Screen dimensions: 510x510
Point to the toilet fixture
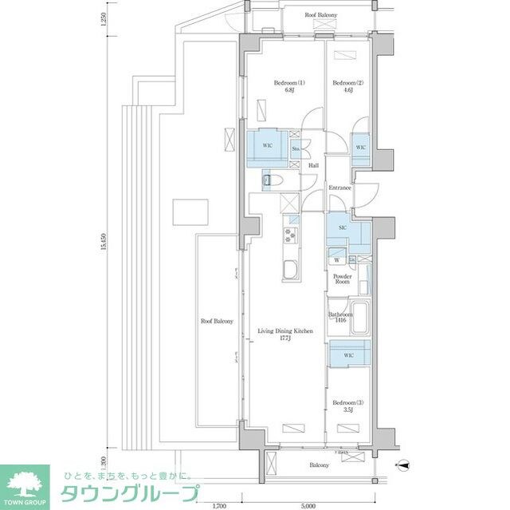click(269, 182)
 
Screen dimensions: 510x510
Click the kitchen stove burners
click(288, 235)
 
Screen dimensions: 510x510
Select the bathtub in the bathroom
click(359, 318)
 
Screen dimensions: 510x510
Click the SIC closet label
click(343, 229)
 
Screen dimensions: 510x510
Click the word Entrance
click(340, 188)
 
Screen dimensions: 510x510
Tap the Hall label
click(313, 165)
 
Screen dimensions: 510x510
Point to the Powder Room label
click(342, 279)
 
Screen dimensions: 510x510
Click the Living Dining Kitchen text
click(284, 334)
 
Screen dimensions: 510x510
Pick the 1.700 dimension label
click(220, 504)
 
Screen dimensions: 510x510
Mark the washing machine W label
click(336, 260)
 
